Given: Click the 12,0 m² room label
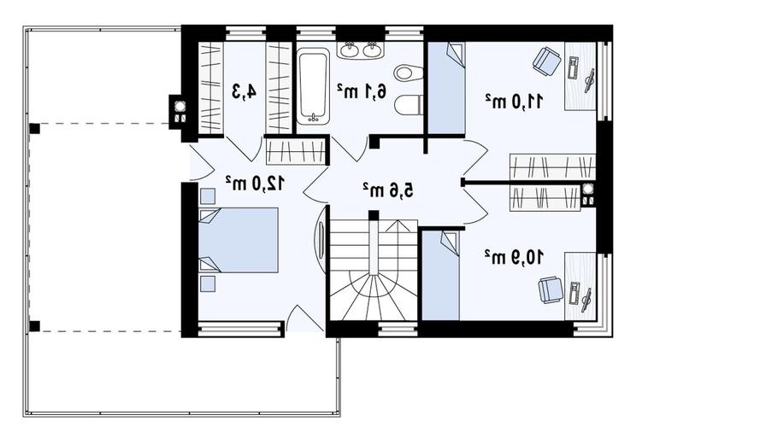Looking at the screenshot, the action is (x=255, y=183).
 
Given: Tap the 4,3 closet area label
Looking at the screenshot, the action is (x=245, y=91).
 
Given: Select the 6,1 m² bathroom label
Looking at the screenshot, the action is (x=362, y=91).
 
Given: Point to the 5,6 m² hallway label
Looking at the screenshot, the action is (x=387, y=190).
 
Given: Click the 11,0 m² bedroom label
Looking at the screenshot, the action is (x=514, y=102).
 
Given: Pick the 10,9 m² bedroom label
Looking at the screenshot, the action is (x=514, y=257).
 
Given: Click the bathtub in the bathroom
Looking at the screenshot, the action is (x=313, y=86).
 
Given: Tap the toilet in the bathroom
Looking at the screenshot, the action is (x=410, y=104).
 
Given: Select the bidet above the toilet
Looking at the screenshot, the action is (x=409, y=73).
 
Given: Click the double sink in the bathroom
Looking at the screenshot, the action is (x=361, y=50).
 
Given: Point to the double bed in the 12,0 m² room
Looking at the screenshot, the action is (x=239, y=240).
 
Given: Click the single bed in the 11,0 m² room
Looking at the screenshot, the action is (x=446, y=88).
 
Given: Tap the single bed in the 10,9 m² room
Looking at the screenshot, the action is (x=440, y=276).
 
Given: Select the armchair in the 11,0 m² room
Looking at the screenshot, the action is (x=547, y=61).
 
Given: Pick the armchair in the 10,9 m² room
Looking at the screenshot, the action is (x=551, y=289).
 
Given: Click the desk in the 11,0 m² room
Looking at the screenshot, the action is (x=580, y=76).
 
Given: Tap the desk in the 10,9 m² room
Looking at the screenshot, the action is (x=580, y=286).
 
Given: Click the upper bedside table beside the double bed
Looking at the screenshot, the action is (x=208, y=196).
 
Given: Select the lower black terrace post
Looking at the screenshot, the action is (x=34, y=326).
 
